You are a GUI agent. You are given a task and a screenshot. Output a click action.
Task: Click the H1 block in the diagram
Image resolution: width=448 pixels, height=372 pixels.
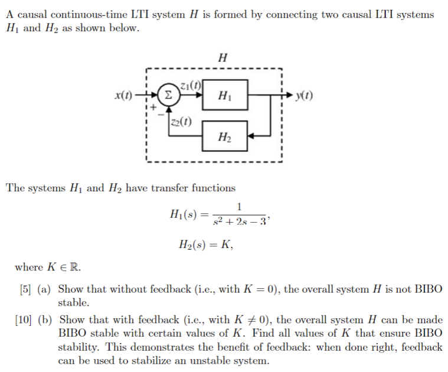224,95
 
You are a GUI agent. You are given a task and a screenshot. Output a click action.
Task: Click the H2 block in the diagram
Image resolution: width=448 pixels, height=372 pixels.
224,137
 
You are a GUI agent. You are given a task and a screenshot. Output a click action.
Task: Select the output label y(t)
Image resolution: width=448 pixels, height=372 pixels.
305,95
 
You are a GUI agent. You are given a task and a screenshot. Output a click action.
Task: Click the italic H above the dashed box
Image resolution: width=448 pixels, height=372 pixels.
222,57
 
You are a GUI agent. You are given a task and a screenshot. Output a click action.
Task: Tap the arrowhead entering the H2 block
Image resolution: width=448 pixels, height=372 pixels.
251,137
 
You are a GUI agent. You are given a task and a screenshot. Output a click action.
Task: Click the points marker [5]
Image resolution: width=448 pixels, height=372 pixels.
24,289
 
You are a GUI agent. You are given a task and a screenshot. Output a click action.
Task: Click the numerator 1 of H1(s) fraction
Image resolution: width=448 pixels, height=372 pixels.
238,207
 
